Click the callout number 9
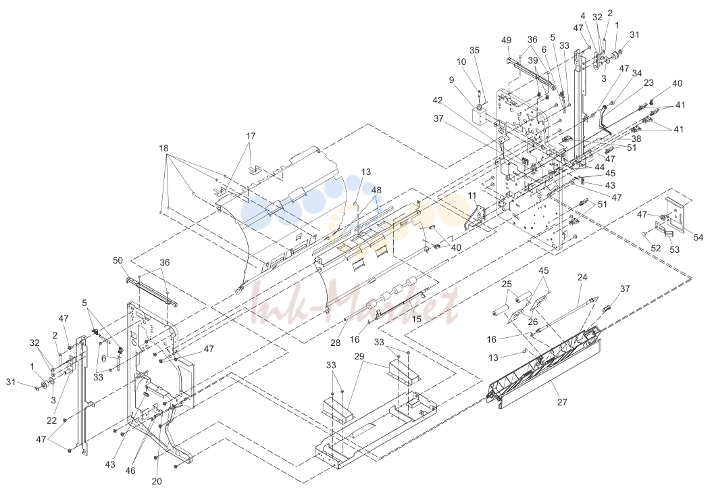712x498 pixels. pos(451,80)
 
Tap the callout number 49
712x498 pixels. pos(506,40)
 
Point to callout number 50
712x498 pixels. pos(118,260)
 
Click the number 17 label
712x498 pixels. pos(251,136)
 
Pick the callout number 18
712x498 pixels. pos(163,148)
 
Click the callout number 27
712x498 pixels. pos(562,401)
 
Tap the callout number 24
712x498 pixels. pos(582,277)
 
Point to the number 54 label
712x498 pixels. pos(698,238)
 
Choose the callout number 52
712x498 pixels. pos(656,249)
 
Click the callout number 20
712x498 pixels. pos(157,481)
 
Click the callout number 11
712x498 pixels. pos(472,196)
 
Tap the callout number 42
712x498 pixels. pos(437,101)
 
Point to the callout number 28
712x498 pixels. pos(335,343)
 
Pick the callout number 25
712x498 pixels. pos(507,284)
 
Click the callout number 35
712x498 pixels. pos(474,51)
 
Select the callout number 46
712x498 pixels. pos(130,470)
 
